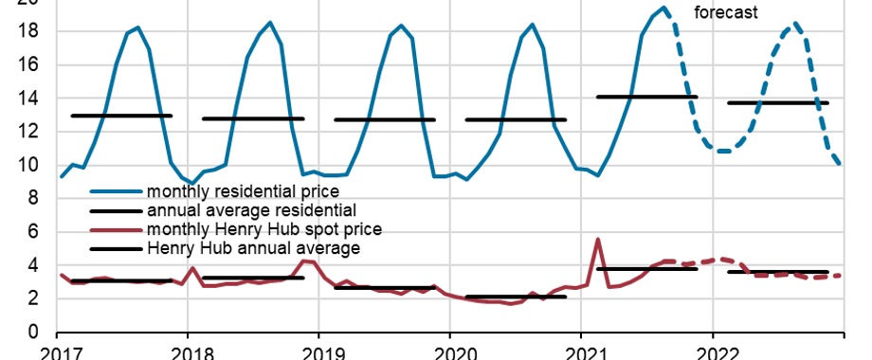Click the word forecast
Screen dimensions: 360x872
[x=728, y=12]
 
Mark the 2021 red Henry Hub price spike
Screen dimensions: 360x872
[x=597, y=240]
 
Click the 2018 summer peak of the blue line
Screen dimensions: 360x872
[x=270, y=23]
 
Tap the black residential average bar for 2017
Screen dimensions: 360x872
[x=121, y=116]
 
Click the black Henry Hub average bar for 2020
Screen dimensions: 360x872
[x=516, y=297]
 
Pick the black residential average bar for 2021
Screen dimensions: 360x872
[x=646, y=97]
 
